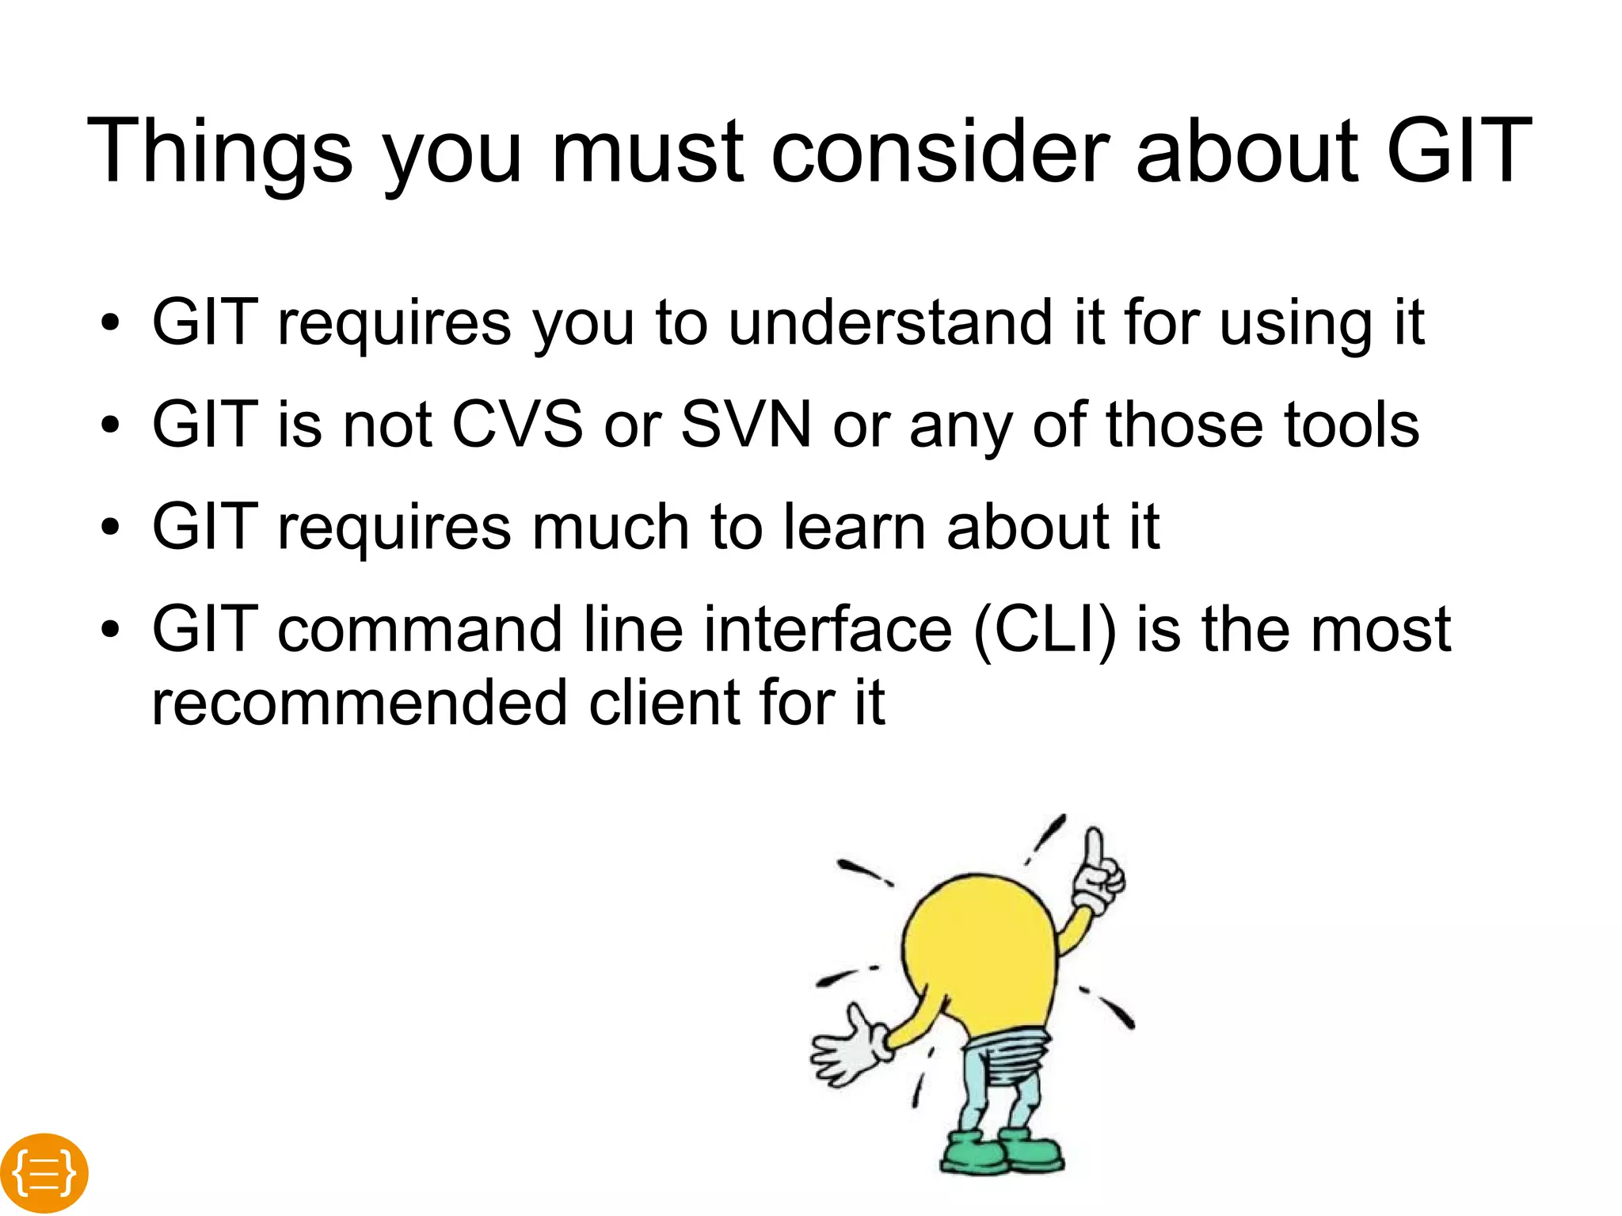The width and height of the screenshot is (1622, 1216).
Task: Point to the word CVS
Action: [517, 425]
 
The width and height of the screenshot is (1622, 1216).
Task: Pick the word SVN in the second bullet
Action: [746, 425]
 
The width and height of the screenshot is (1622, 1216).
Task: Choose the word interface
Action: [827, 630]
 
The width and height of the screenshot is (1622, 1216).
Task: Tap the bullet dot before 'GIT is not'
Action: [110, 425]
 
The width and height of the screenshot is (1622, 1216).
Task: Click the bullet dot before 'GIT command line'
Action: [110, 631]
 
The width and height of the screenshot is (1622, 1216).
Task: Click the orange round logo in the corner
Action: [44, 1172]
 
